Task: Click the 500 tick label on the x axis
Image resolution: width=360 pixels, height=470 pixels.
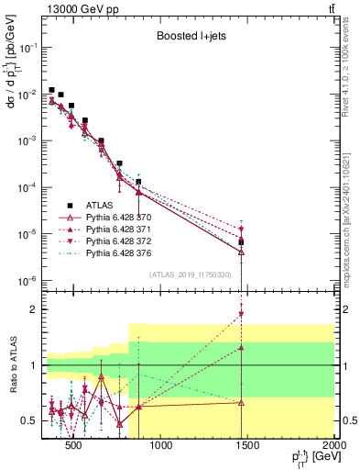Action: coord(72,447)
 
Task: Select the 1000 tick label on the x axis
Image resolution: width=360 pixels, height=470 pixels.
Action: coord(160,447)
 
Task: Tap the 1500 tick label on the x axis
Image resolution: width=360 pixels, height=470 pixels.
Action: coord(248,447)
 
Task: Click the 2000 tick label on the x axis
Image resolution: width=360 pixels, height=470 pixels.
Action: coord(335,447)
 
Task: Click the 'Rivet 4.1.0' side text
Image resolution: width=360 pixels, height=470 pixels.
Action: coord(353,69)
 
